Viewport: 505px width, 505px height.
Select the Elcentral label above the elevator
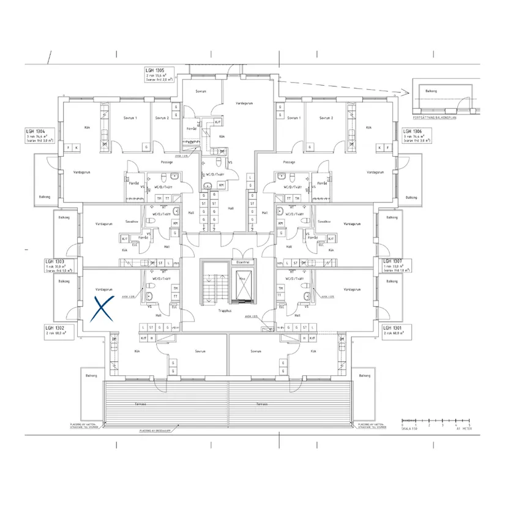[242, 261]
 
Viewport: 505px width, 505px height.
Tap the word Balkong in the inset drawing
[431, 91]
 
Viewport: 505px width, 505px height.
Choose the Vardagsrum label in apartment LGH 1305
[245, 103]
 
